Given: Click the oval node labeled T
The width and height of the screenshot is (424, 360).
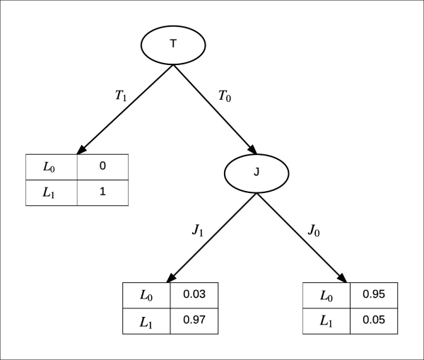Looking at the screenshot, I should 174,45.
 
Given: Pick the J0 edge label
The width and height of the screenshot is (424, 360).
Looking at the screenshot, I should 316,230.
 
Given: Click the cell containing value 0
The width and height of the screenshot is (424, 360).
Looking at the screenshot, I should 102,167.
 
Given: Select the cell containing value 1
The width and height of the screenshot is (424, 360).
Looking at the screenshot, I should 102,192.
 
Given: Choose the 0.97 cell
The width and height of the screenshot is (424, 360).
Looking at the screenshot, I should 194,320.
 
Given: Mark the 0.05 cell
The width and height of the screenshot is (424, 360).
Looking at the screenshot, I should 373,320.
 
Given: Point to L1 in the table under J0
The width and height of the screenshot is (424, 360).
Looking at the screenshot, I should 326,320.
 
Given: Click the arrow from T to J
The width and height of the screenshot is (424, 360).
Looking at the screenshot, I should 215,109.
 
